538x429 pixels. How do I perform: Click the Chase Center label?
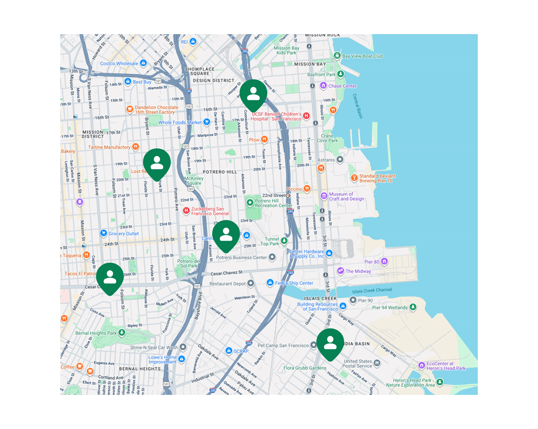click(342, 86)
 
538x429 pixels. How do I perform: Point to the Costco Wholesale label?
click(119, 64)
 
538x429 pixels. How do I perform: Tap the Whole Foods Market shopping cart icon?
click(207, 122)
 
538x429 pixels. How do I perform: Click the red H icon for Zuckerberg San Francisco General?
click(186, 210)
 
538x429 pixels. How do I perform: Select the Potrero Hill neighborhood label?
click(219, 172)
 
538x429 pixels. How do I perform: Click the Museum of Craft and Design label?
click(346, 196)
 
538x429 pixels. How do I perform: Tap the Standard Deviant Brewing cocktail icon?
click(354, 177)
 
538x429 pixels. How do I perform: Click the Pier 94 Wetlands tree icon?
click(413, 307)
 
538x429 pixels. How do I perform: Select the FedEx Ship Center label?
click(294, 283)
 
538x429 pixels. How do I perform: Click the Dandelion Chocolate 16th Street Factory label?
click(156, 110)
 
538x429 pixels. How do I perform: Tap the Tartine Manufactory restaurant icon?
click(136, 147)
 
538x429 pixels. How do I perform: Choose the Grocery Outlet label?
click(124, 234)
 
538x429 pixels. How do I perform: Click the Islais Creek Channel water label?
click(372, 290)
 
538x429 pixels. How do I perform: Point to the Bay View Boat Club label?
click(363, 56)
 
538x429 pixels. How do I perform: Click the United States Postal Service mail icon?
click(377, 363)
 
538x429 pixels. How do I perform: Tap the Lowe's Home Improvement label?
click(162, 359)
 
